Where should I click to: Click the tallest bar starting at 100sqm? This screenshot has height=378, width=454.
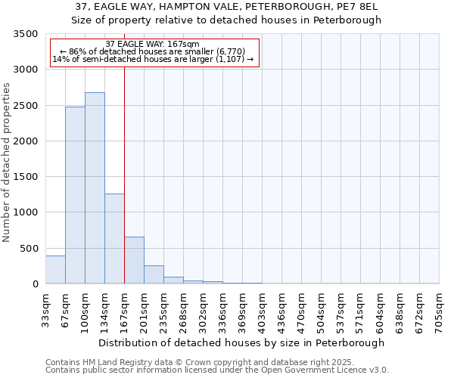(x=95, y=188)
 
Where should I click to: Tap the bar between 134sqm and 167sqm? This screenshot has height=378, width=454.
(x=114, y=239)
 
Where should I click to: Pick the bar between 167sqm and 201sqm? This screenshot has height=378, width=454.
(x=134, y=260)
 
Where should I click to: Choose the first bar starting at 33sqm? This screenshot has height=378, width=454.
(x=55, y=270)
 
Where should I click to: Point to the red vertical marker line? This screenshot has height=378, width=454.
(x=124, y=174)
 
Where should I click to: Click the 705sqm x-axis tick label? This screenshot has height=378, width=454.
(x=439, y=309)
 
